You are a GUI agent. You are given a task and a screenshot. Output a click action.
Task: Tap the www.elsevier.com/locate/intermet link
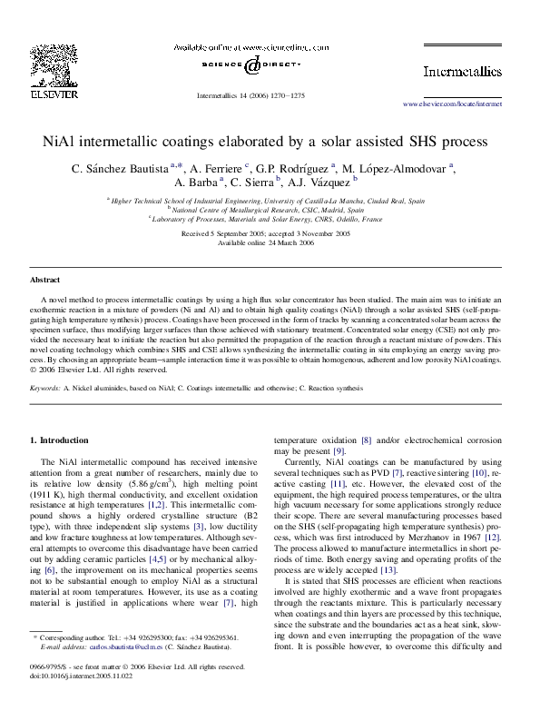click(x=452, y=104)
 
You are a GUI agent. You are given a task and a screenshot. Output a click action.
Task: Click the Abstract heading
click(x=45, y=281)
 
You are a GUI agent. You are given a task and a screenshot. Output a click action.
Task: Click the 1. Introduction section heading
click(x=61, y=440)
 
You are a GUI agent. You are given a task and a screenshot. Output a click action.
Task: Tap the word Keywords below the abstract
click(x=45, y=388)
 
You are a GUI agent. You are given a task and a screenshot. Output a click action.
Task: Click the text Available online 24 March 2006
click(x=270, y=242)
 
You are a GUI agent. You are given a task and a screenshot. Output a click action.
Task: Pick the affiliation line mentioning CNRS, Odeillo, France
click(x=270, y=219)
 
